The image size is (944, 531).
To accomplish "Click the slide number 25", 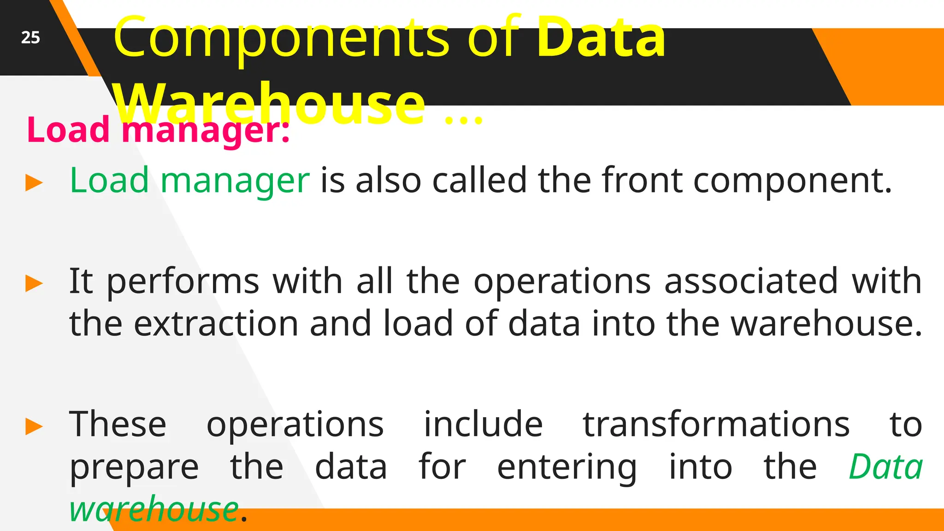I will (x=30, y=37).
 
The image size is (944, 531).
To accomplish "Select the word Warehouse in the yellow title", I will (x=270, y=103).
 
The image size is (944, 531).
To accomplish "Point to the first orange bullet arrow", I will (x=34, y=183).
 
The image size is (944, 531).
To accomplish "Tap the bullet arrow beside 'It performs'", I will (x=34, y=283).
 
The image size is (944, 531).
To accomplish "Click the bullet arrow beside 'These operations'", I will (x=34, y=426).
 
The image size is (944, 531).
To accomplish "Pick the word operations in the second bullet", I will (x=562, y=281).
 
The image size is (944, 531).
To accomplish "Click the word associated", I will (x=751, y=281).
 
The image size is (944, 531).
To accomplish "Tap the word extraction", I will (x=216, y=324).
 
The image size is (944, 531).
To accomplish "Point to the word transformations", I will (x=716, y=424).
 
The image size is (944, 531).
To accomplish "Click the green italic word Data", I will (x=885, y=467).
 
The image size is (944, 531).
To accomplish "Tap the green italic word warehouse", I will (x=154, y=509).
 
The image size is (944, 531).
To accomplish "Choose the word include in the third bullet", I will (x=483, y=424).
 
